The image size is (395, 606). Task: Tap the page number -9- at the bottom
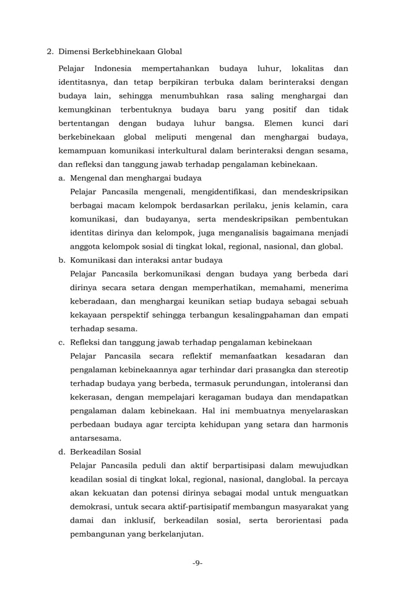click(x=197, y=563)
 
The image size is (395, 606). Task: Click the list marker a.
click(x=62, y=177)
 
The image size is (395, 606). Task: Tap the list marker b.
click(x=62, y=260)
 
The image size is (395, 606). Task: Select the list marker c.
click(x=62, y=342)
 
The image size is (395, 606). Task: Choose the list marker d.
click(x=62, y=451)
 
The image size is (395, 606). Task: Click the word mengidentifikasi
click(x=232, y=191)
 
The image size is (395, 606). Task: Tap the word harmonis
click(x=328, y=424)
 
